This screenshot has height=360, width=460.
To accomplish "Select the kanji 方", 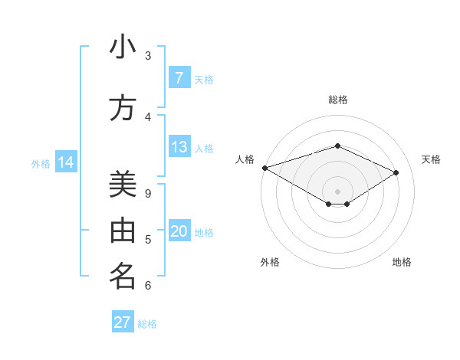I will coord(123,109).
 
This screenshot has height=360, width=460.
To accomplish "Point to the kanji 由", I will coord(123,231).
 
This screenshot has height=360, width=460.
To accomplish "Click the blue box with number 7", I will coord(179,78).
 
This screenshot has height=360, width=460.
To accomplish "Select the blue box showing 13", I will coord(179,148).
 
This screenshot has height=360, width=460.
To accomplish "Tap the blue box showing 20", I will coord(179,232).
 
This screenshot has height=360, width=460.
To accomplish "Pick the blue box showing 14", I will coord(66,162).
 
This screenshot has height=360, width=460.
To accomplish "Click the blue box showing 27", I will coord(123,322).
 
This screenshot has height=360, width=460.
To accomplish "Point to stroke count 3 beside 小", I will coord(148,56).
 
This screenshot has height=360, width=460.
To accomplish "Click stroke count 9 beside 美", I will coord(148,193).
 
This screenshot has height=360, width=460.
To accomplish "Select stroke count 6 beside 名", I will coord(148,286).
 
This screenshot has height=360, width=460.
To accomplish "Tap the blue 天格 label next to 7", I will coord(204,79).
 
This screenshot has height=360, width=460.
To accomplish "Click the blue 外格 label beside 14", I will coord(41,163).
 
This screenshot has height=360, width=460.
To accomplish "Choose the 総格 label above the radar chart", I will coord(337,100).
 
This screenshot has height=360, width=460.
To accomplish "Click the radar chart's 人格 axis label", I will coord(245,159).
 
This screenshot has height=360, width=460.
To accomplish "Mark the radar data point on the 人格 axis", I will coord(264,168).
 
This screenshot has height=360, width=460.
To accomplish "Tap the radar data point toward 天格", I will coord(396,172).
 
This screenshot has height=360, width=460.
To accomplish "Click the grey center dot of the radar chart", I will coord(337,191).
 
